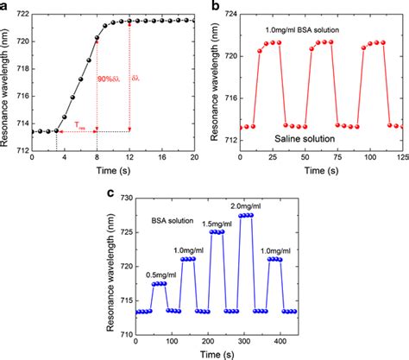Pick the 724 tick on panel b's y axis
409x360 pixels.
pyautogui.click(x=228, y=14)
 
